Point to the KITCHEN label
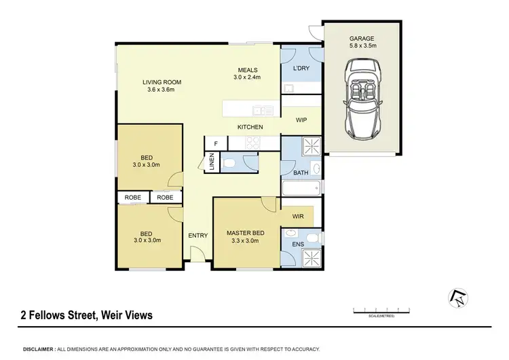click(250, 127)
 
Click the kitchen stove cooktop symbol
click(253, 143)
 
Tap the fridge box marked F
click(216, 143)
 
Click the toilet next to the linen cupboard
click(229, 162)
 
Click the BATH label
click(301, 173)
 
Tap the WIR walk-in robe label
click(297, 217)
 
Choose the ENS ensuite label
click(297, 243)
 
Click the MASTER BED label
click(245, 233)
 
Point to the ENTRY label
click(198, 235)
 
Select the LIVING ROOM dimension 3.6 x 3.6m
click(160, 90)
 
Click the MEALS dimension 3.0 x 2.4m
click(247, 78)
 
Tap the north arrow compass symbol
click(457, 297)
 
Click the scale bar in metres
click(382, 311)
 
